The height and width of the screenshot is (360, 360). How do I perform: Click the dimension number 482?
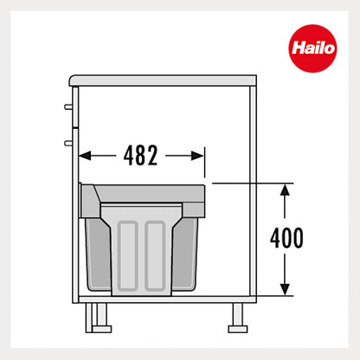pyautogui.click(x=141, y=156)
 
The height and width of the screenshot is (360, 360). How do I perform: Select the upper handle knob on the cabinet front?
pyautogui.click(x=67, y=108)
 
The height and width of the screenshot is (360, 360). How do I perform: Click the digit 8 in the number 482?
pyautogui.click(x=141, y=156)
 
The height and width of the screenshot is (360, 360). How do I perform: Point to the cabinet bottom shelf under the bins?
pyautogui.click(x=164, y=297)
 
